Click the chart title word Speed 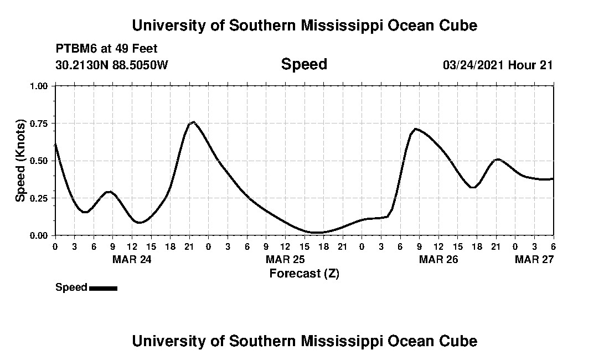coord(304,64)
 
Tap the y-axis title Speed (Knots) coord(20,160)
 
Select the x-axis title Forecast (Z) coord(304,273)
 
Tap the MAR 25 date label coord(285,259)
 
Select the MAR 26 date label coord(438,259)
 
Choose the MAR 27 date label coord(534,259)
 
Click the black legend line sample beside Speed coord(103,288)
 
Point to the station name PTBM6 coord(75,49)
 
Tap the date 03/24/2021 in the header coord(473,65)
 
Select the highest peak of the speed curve coord(193,122)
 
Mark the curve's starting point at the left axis coord(55,143)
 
